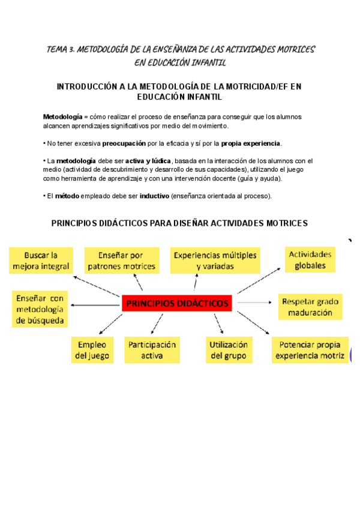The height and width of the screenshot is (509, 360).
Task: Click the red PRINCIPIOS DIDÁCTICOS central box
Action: point(178,304)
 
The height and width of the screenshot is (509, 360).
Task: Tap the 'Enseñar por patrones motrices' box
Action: point(121,261)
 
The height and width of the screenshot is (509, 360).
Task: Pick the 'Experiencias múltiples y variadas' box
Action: point(215,261)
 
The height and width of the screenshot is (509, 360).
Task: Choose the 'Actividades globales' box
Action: point(310,259)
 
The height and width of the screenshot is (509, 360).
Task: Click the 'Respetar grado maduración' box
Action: point(310,307)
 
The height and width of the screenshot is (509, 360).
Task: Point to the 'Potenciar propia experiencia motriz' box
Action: point(310,351)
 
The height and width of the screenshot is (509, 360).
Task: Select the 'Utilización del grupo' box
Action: point(229,351)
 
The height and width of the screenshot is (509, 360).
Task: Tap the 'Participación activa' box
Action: point(152,351)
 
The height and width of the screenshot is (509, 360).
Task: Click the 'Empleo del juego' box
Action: point(92,351)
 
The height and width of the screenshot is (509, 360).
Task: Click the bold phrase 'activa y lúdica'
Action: point(148,161)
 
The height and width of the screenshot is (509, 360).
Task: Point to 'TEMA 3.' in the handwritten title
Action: point(61,49)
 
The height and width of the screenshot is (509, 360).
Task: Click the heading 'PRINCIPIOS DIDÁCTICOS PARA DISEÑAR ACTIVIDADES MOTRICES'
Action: point(179,223)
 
